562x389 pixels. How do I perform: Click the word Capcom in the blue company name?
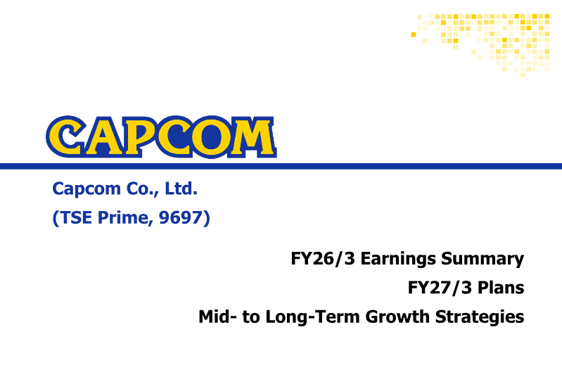pos(87,189)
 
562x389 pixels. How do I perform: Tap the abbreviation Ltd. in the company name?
pos(181,189)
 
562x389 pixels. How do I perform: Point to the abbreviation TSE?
pos(77,217)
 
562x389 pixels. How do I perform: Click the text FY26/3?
pos(323,258)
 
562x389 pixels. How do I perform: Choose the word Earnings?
pos(398,259)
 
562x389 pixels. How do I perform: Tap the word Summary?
pos(483,259)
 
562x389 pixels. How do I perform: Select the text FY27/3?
pos(440,288)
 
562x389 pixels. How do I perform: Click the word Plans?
pos(501,288)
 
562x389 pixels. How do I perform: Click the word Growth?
pos(397,317)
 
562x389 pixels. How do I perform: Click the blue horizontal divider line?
pos(281,166)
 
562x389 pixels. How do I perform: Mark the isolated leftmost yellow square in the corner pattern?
pos(414,34)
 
